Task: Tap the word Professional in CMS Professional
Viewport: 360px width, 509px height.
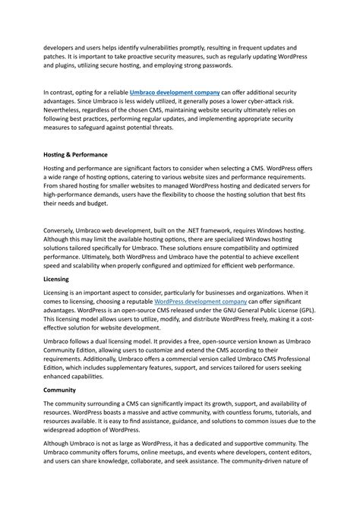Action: (x=292, y=361)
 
